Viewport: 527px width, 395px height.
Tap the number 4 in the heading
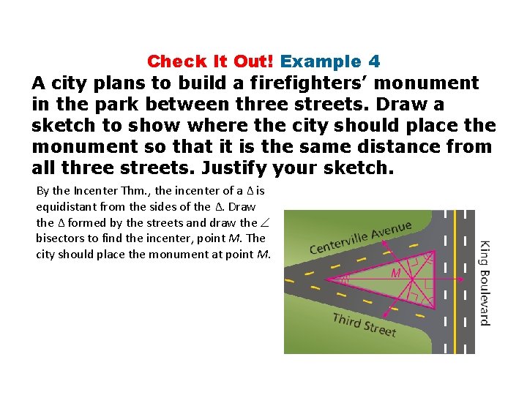point(374,61)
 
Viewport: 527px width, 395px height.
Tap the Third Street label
point(364,324)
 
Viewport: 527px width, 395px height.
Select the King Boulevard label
point(485,282)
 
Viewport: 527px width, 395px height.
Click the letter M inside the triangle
point(395,273)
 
